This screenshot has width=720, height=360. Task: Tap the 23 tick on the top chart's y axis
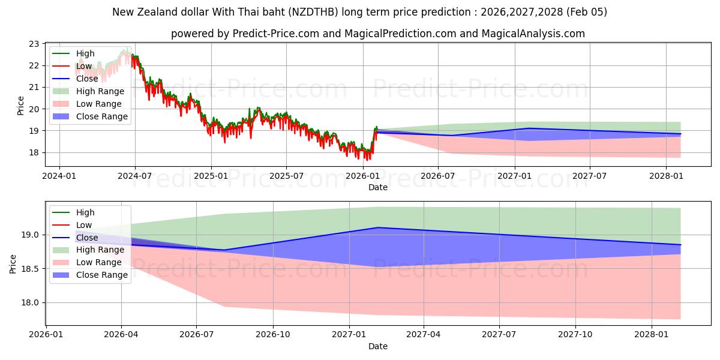click(x=34, y=44)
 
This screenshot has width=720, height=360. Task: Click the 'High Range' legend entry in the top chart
click(x=100, y=91)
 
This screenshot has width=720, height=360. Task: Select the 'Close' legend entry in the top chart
click(x=87, y=79)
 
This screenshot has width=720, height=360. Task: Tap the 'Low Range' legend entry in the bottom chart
click(x=100, y=262)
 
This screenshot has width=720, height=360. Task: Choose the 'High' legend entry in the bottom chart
click(x=85, y=212)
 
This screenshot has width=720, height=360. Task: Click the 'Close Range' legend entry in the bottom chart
click(x=102, y=275)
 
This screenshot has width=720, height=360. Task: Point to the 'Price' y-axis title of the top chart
click(x=21, y=106)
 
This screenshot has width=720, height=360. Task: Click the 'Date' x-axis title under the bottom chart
click(x=378, y=346)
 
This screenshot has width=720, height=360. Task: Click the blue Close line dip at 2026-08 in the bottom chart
click(x=224, y=250)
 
